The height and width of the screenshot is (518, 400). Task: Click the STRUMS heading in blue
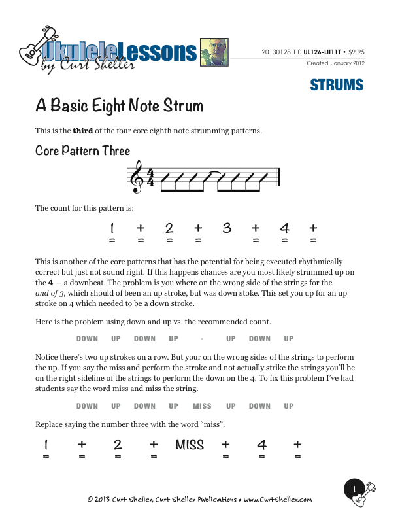(337, 85)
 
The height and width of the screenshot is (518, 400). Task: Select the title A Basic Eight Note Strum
(119, 106)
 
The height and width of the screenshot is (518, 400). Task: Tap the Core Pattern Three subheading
(82, 151)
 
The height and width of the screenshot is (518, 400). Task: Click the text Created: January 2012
(335, 63)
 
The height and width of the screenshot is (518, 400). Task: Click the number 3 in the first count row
(227, 228)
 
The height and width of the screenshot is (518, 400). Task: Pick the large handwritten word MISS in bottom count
(190, 445)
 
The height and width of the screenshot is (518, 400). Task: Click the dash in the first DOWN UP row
(203, 339)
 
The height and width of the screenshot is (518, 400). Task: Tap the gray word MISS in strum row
(202, 406)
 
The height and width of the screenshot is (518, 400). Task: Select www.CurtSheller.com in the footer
(278, 500)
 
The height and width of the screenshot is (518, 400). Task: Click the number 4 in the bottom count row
(261, 445)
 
